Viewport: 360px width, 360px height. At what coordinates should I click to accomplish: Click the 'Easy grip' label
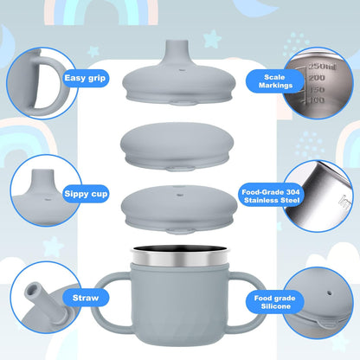(x=85, y=78)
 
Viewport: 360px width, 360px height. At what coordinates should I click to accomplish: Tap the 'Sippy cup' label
(x=86, y=194)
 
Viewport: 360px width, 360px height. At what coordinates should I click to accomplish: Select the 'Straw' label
(x=86, y=298)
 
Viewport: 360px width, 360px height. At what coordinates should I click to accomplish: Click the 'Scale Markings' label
(x=275, y=81)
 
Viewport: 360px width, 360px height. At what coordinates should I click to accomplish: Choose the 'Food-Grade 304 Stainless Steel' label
(x=271, y=196)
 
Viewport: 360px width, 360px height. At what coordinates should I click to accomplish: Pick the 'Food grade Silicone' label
(x=275, y=302)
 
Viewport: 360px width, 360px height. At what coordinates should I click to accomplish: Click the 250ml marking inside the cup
(x=322, y=67)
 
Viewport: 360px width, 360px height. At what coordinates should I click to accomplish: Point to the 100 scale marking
(x=318, y=100)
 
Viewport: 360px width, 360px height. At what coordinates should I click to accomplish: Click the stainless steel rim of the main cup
(x=180, y=257)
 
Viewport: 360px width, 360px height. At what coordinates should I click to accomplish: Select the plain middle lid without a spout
(x=177, y=146)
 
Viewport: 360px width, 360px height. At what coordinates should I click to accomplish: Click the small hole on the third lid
(x=180, y=195)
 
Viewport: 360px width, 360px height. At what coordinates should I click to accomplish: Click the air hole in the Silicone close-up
(x=329, y=293)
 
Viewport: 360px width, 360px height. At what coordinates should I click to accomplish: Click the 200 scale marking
(x=317, y=78)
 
